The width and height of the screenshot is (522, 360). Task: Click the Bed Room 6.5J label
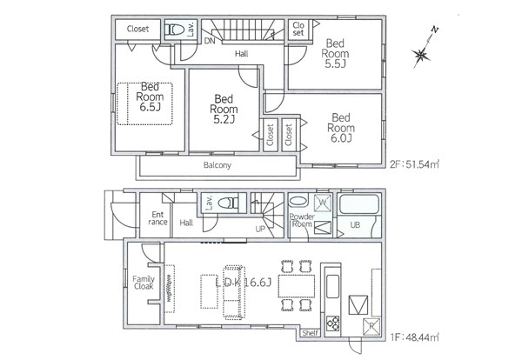point(150,97)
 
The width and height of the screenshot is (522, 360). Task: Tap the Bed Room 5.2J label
point(224,109)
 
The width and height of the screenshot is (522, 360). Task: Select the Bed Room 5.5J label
point(335,53)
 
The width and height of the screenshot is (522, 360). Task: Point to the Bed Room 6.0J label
point(341,128)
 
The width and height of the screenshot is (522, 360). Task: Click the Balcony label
point(217,165)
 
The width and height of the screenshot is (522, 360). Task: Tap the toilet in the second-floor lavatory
point(175,30)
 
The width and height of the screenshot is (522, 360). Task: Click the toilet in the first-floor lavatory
point(228,203)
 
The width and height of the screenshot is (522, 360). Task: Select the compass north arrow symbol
point(425,48)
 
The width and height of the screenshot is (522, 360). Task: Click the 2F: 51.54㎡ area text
point(415,164)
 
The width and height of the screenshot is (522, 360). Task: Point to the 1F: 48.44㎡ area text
point(415,337)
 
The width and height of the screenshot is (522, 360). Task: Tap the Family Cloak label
point(144,283)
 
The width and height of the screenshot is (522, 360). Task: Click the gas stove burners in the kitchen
point(333,323)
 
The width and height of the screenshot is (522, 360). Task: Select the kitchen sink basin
point(333,286)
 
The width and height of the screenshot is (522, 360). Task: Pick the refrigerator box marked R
point(371,326)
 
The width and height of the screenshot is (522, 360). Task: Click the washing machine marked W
point(323,203)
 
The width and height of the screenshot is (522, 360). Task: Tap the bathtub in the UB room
point(358,204)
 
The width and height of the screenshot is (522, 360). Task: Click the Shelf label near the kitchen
point(310,333)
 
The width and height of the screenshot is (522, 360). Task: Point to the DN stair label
point(210,41)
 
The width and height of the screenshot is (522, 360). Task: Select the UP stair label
point(260,230)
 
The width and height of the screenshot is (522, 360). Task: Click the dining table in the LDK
point(297,286)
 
